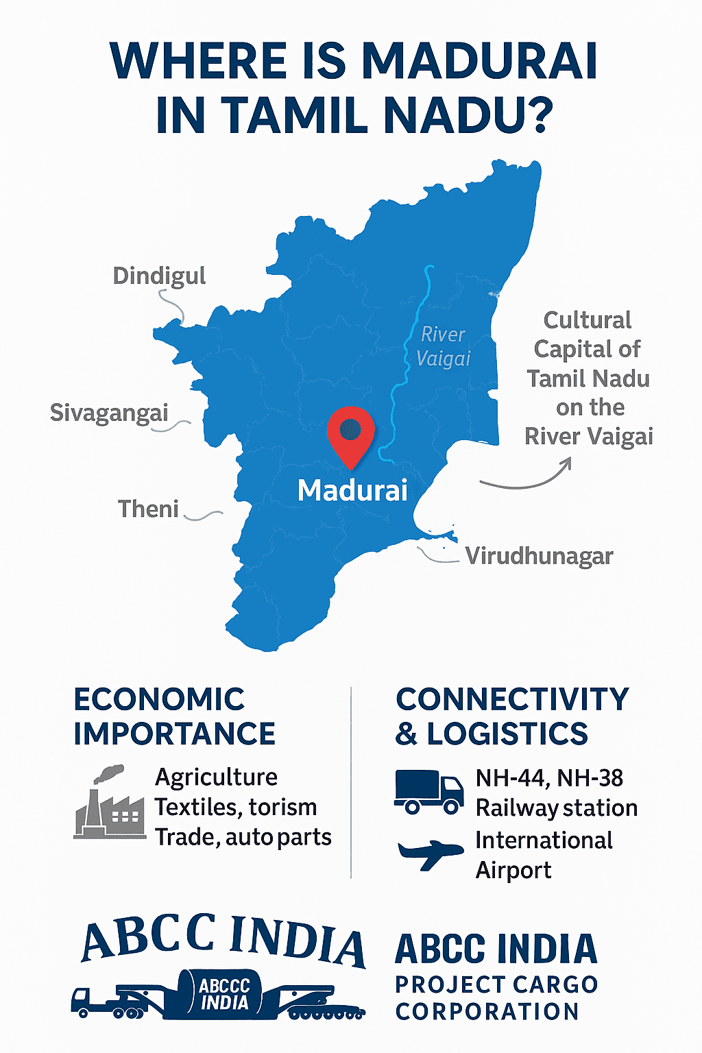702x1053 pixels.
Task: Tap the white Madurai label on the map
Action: (x=352, y=490)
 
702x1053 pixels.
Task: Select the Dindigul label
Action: (x=159, y=276)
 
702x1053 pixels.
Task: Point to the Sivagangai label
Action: (x=109, y=413)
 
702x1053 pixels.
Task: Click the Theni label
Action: (x=148, y=509)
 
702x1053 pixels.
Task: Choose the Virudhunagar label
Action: (x=539, y=556)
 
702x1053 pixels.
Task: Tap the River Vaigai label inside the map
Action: (x=444, y=346)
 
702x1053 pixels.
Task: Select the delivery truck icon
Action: (x=429, y=792)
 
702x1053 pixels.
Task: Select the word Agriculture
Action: (x=216, y=777)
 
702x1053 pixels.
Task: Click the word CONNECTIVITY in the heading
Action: (x=512, y=699)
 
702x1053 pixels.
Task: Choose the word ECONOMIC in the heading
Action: (x=159, y=699)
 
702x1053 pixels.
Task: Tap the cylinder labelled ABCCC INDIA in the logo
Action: (x=223, y=993)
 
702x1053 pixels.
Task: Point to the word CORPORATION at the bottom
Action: (x=487, y=1011)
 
